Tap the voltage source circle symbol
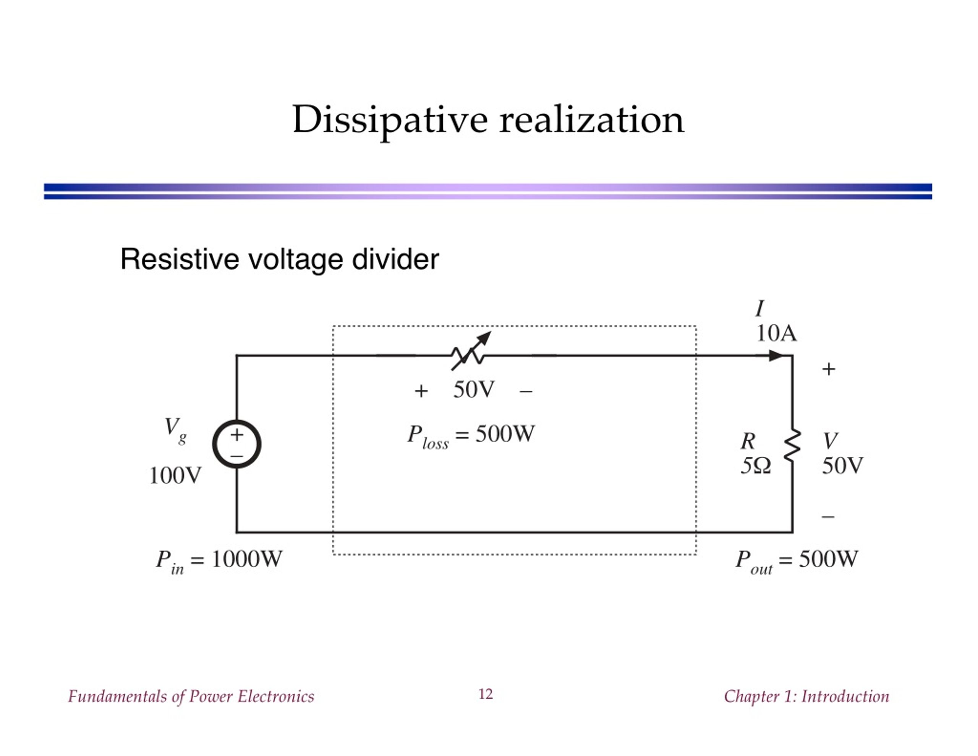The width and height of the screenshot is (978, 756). [236, 444]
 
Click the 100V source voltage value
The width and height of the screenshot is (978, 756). [175, 475]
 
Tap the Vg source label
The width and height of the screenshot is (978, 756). [175, 429]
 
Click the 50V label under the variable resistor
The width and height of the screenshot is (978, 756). [474, 389]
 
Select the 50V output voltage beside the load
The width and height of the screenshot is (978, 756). [842, 466]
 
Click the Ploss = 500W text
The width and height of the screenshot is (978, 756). [471, 436]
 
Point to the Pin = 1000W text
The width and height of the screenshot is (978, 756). [219, 561]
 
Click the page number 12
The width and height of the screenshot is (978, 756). [486, 694]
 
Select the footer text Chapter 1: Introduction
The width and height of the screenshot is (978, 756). [806, 696]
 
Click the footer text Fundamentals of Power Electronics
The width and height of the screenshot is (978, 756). [191, 696]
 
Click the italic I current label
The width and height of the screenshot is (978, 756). [759, 308]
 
